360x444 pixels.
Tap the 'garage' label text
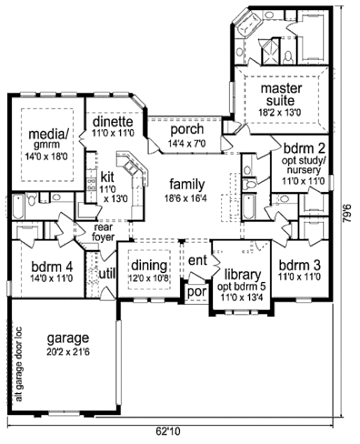click(x=70, y=337)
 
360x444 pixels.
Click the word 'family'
click(x=187, y=184)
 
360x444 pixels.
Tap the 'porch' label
click(x=187, y=130)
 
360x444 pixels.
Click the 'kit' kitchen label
click(x=107, y=177)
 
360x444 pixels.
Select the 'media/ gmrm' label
click(x=46, y=137)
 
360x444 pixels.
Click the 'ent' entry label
click(x=197, y=261)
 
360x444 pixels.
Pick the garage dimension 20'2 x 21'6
click(x=70, y=350)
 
